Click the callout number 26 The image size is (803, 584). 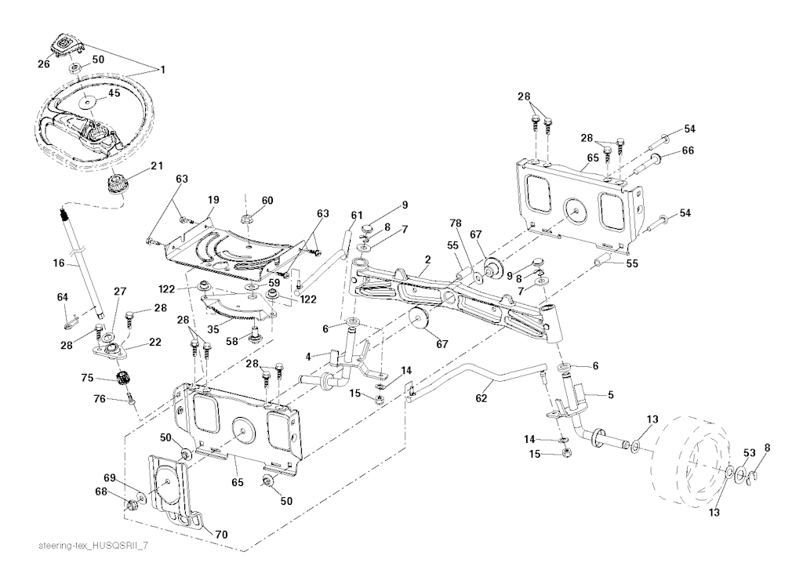tap(44, 64)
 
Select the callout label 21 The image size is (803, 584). tap(157, 166)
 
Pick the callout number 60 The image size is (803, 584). tap(267, 201)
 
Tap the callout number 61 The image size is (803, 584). tap(357, 216)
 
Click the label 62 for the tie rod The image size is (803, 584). tap(481, 398)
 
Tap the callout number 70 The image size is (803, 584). tap(221, 535)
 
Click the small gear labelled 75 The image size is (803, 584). tap(122, 379)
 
